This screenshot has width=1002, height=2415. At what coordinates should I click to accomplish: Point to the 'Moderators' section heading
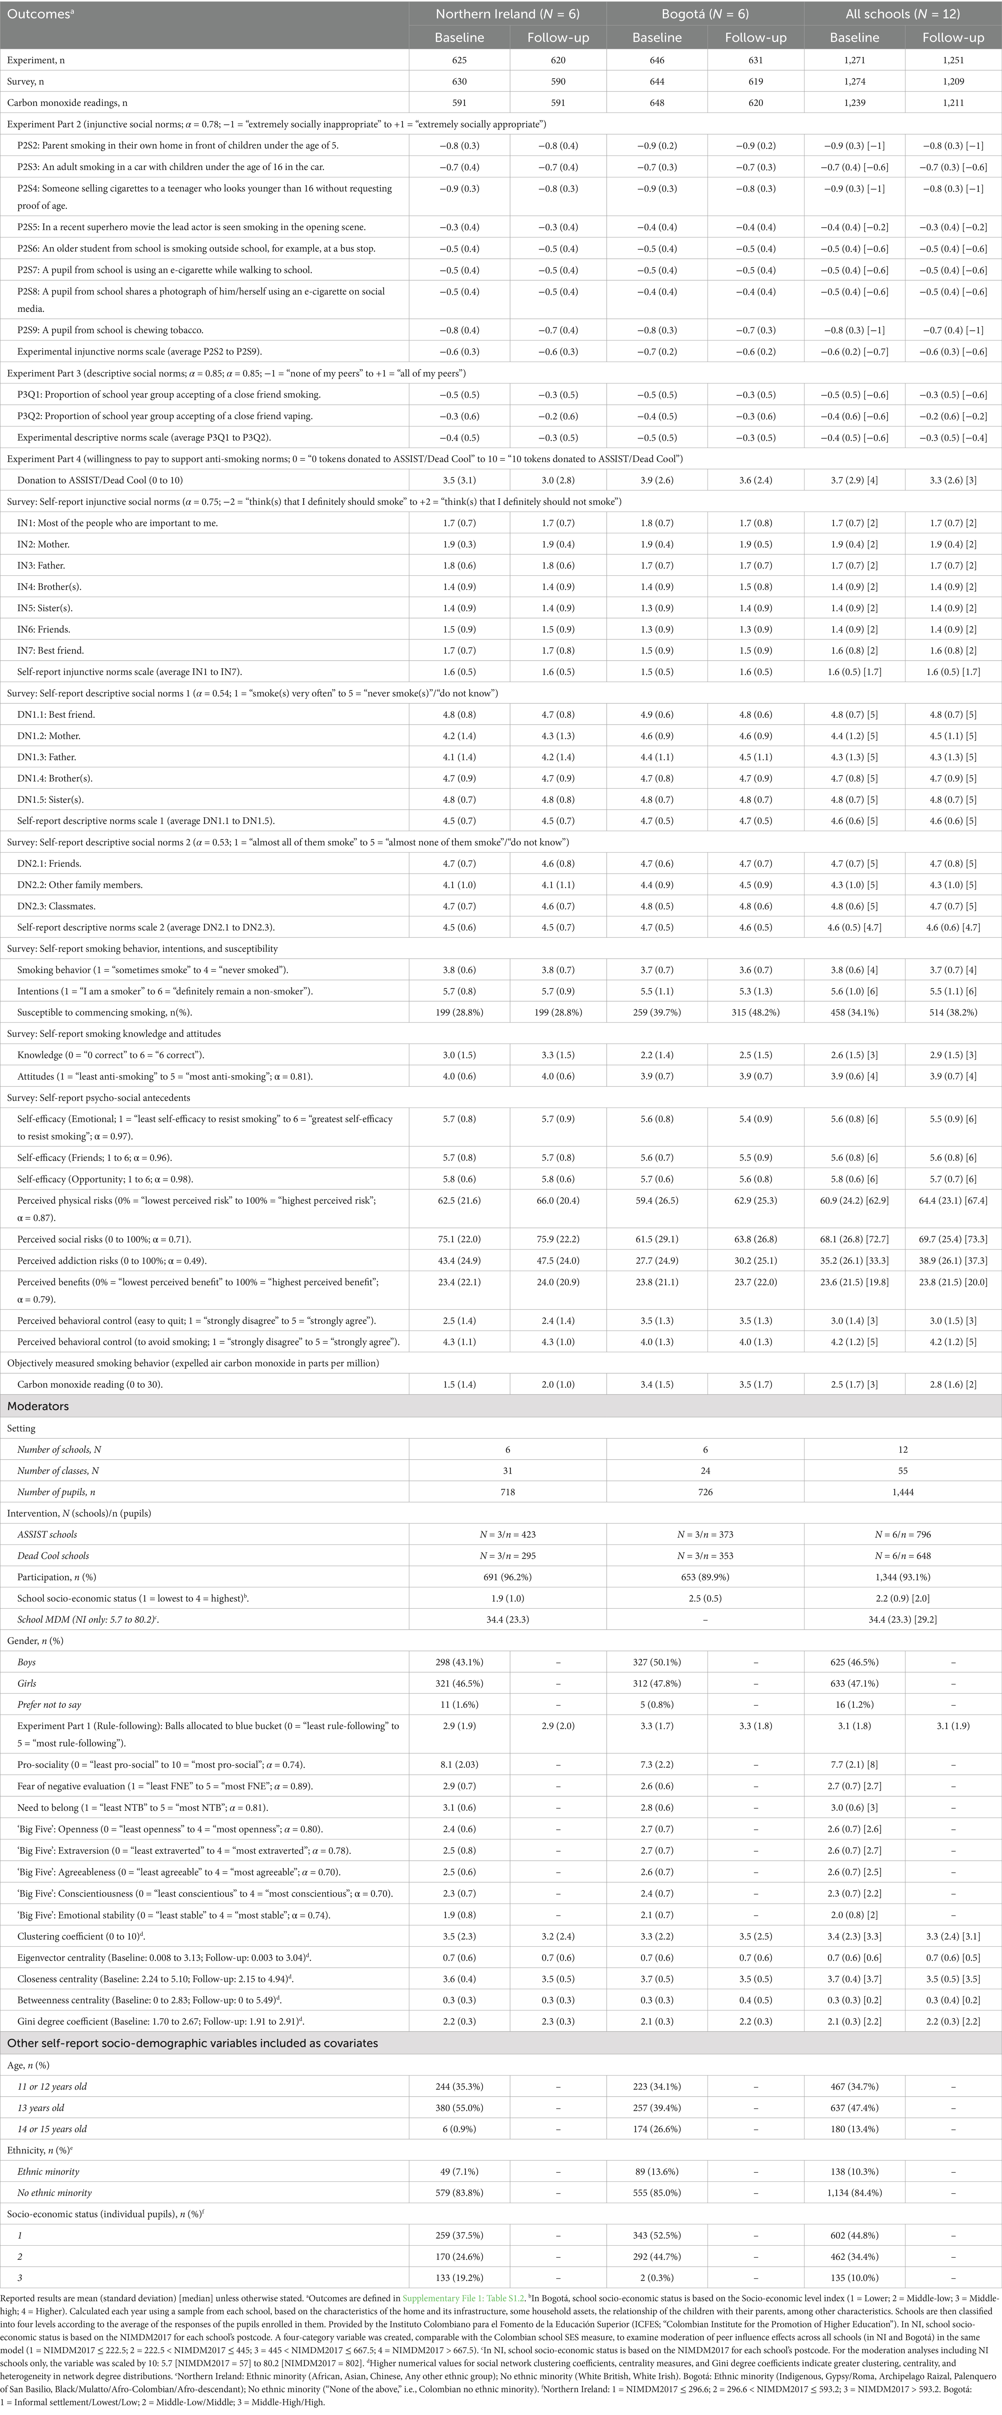[x=37, y=1406]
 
